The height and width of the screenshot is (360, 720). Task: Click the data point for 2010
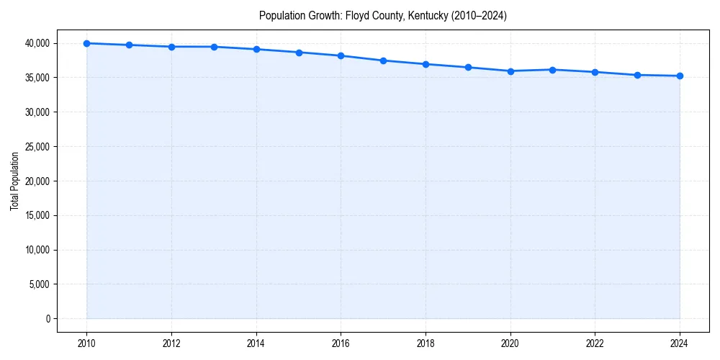tap(86, 43)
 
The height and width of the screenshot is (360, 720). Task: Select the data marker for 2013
tap(214, 47)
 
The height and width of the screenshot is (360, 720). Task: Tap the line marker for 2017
tap(383, 60)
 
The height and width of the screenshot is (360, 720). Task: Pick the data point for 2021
tap(552, 70)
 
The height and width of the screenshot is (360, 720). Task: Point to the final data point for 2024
tap(680, 76)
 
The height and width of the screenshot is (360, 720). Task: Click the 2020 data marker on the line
tap(510, 71)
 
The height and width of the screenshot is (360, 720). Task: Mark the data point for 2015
tap(299, 53)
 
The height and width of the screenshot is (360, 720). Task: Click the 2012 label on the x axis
tap(171, 343)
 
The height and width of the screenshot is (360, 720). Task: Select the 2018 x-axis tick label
tap(426, 343)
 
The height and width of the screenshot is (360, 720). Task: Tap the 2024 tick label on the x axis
tap(680, 343)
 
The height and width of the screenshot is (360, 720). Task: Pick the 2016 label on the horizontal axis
tap(341, 343)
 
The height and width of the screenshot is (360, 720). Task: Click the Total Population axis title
tap(14, 181)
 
